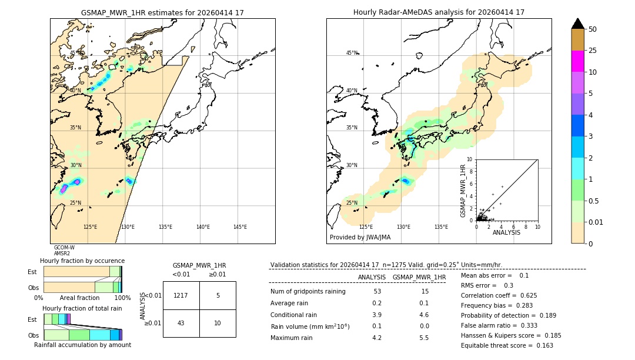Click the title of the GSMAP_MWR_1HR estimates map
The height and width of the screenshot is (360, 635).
(x=162, y=12)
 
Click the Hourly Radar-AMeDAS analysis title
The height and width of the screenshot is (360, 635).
(x=439, y=12)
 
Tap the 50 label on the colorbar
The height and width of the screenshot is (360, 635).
(x=593, y=29)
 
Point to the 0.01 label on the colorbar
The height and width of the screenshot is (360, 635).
(x=596, y=222)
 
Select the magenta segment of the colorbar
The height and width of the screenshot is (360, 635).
(x=577, y=61)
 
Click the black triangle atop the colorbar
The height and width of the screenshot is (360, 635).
(x=577, y=24)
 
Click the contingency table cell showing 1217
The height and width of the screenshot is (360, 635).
(x=181, y=295)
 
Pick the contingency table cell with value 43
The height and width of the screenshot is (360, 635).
(x=181, y=323)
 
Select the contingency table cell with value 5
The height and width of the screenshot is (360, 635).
(x=218, y=295)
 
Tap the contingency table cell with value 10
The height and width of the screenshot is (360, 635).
(x=218, y=323)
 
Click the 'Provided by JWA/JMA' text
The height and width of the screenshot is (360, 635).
(x=360, y=238)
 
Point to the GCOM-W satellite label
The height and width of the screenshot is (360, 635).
(x=64, y=248)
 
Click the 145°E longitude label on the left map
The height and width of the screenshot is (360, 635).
(x=240, y=227)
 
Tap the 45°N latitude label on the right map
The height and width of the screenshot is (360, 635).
(x=352, y=53)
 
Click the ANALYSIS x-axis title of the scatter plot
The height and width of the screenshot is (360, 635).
(x=506, y=232)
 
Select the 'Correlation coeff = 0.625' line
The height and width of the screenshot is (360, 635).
(x=499, y=295)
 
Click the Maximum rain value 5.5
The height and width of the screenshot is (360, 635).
(x=424, y=338)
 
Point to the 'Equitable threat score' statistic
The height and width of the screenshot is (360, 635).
(x=507, y=346)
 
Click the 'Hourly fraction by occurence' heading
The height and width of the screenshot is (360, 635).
(x=82, y=261)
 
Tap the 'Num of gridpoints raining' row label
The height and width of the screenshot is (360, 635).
(x=308, y=292)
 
